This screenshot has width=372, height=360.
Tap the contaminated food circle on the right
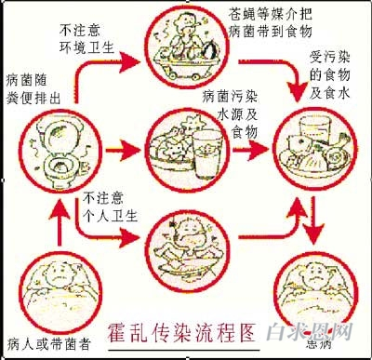point(315,148)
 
